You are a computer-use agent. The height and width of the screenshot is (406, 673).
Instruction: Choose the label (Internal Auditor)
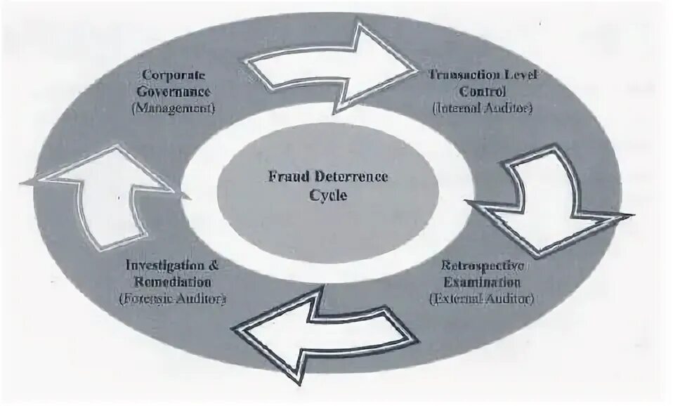coord(483,108)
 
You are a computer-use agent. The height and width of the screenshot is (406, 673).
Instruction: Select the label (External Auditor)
coord(481,299)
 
